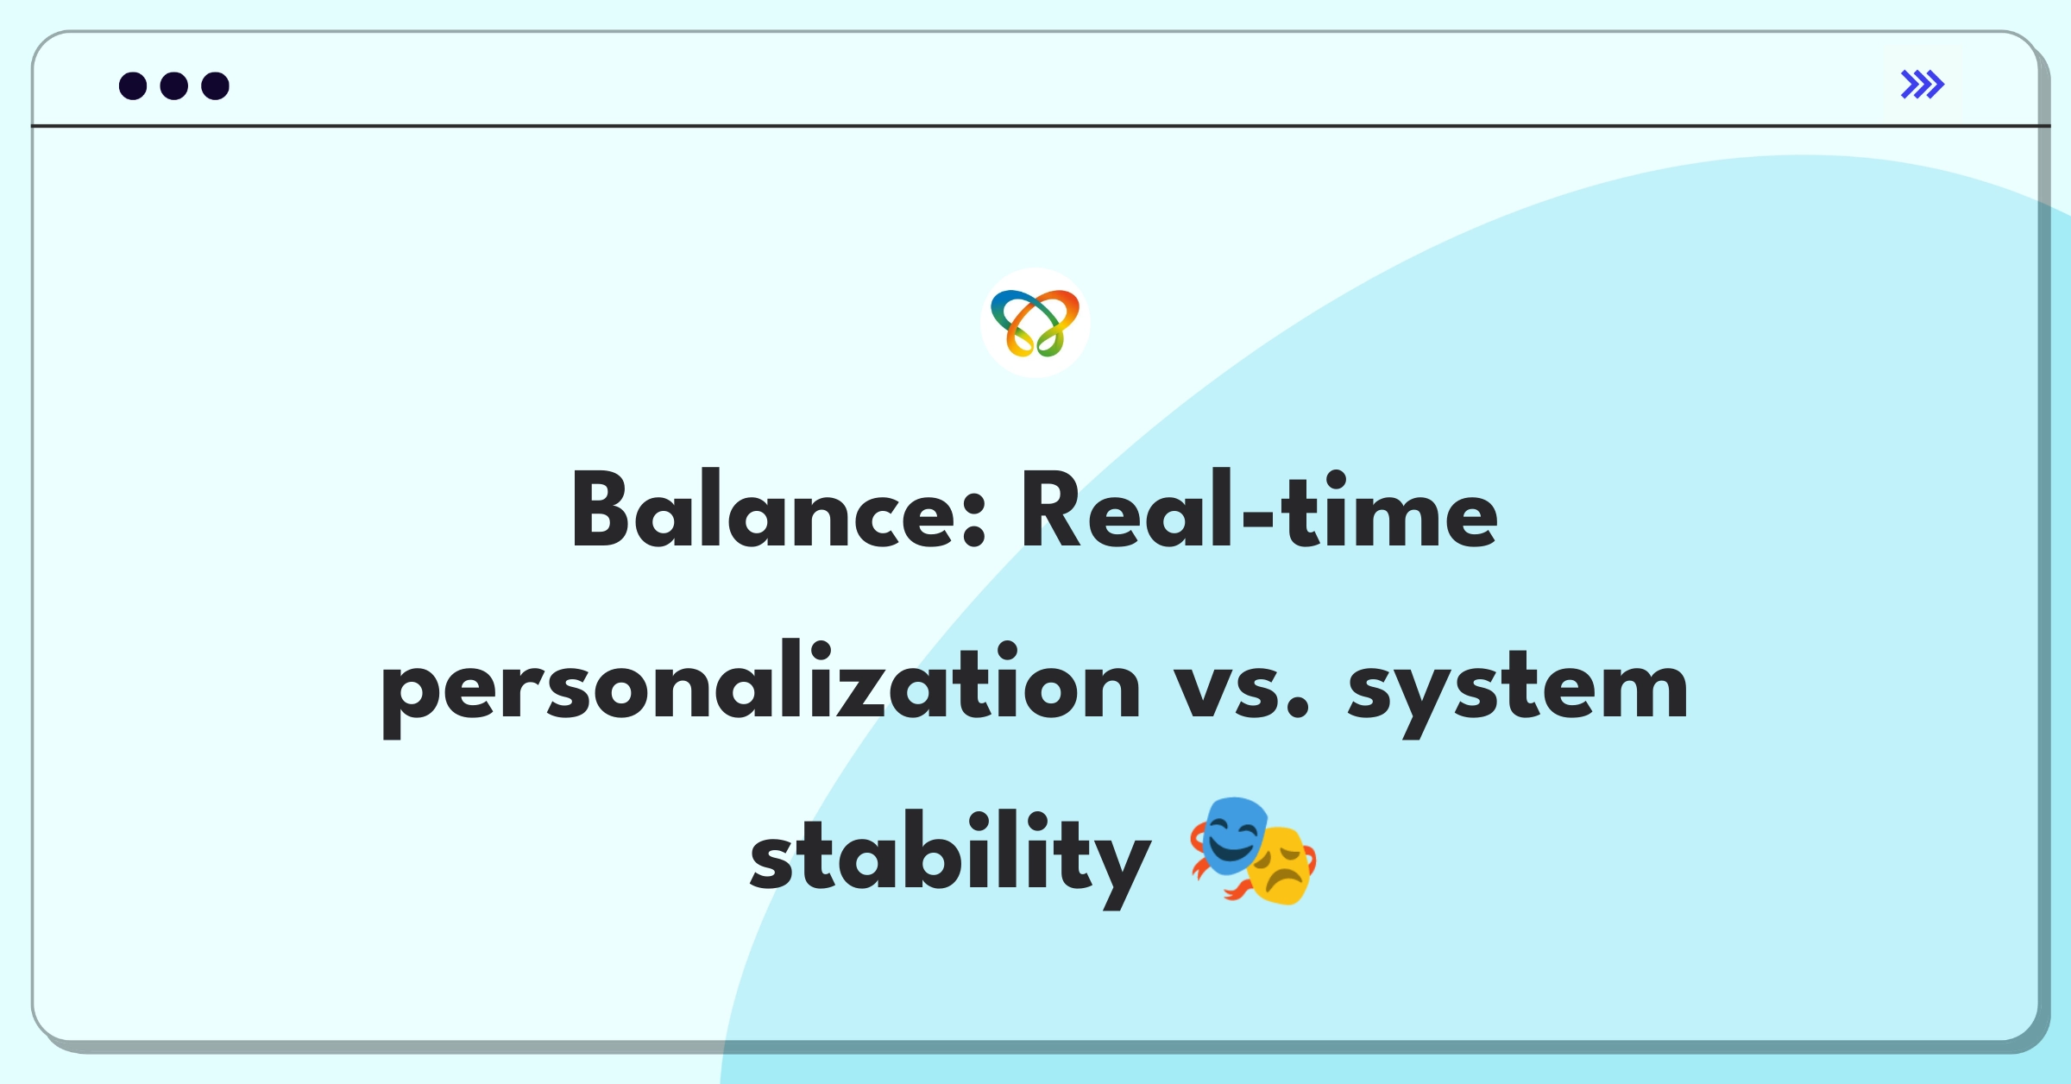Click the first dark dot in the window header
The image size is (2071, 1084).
tap(133, 85)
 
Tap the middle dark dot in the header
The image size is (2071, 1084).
tap(173, 85)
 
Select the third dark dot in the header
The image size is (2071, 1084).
tap(215, 85)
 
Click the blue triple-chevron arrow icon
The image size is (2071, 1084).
tap(1922, 85)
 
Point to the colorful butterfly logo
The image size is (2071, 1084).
tap(1035, 323)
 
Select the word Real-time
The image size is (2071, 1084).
tap(1258, 513)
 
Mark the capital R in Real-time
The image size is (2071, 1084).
tap(1051, 511)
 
